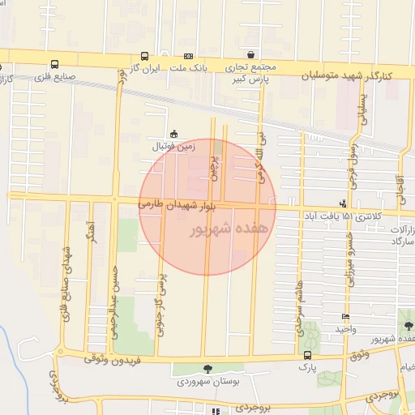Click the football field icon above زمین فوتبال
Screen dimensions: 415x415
pos(173,135)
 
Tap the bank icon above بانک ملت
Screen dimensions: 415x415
pos(188,57)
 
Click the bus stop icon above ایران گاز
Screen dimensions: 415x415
pos(144,57)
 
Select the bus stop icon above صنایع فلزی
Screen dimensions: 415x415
pos(54,64)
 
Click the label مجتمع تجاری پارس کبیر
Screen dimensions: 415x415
pos(251,73)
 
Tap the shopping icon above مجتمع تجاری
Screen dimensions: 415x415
pos(251,55)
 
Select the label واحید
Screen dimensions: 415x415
pos(345,328)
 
